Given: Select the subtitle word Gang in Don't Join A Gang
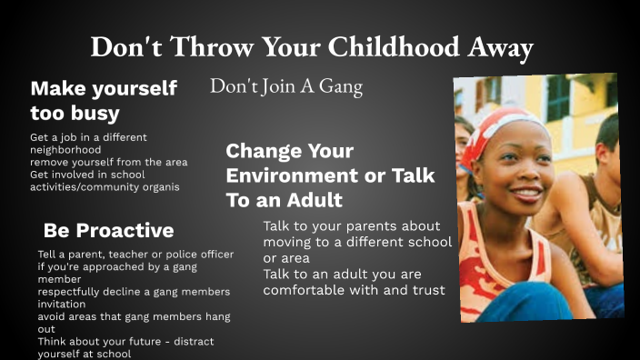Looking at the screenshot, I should [x=341, y=87].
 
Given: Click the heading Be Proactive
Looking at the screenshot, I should [x=108, y=230].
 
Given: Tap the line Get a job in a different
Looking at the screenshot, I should [x=88, y=137].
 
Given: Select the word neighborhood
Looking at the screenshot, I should [x=65, y=149].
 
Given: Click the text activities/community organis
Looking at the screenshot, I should [x=105, y=187].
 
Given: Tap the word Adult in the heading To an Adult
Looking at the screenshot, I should [x=311, y=199].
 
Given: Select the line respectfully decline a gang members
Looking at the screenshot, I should [x=134, y=292].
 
